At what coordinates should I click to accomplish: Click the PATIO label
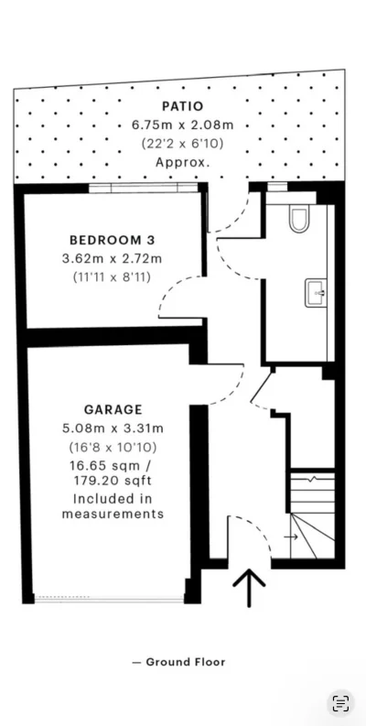pyautogui.click(x=182, y=106)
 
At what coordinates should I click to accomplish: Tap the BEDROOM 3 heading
pyautogui.click(x=112, y=240)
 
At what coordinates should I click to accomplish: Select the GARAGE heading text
pyautogui.click(x=113, y=410)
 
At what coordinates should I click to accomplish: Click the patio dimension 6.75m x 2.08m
pyautogui.click(x=182, y=125)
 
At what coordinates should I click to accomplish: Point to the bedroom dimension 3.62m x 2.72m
pyautogui.click(x=112, y=258)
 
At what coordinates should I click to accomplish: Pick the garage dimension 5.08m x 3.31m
pyautogui.click(x=113, y=428)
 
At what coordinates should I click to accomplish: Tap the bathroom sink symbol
pyautogui.click(x=316, y=293)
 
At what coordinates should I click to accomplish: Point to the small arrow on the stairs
pyautogui.click(x=291, y=537)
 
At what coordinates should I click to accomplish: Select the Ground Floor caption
pyautogui.click(x=179, y=662)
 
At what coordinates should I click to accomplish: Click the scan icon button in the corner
pyautogui.click(x=340, y=703)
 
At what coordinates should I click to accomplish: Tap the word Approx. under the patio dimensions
pyautogui.click(x=182, y=163)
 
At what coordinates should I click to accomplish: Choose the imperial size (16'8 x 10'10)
pyautogui.click(x=113, y=448)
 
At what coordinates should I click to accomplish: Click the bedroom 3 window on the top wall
pyautogui.click(x=143, y=188)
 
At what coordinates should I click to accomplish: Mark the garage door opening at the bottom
pyautogui.click(x=109, y=599)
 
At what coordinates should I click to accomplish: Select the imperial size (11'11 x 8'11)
pyautogui.click(x=112, y=277)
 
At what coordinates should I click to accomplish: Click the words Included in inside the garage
pyautogui.click(x=113, y=499)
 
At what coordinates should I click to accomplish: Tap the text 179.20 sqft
pyautogui.click(x=113, y=482)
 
